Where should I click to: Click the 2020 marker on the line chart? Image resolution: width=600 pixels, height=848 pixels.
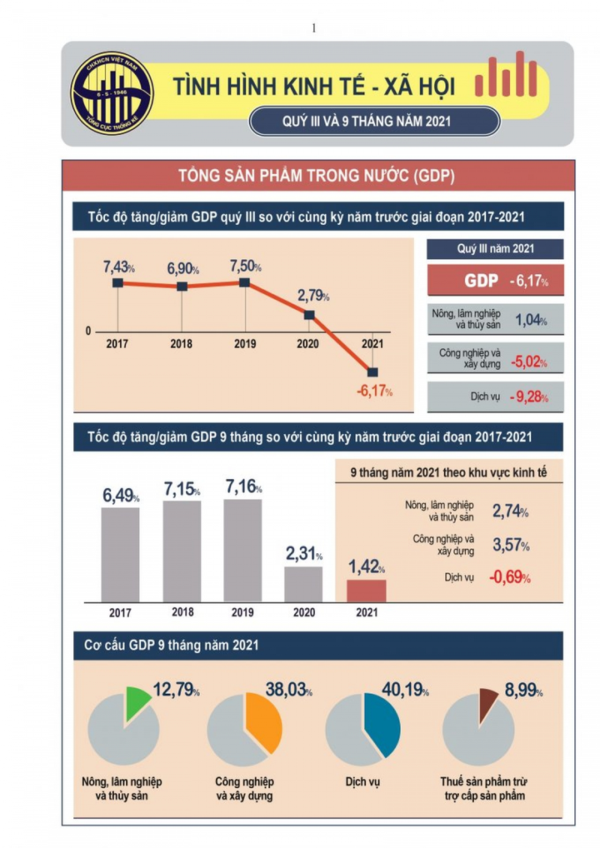(309, 315)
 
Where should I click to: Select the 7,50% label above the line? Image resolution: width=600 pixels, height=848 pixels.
(245, 267)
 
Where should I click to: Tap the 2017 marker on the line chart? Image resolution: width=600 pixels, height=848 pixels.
(117, 283)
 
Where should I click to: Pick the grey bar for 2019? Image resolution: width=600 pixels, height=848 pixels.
(243, 550)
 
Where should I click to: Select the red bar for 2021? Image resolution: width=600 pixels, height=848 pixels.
(367, 591)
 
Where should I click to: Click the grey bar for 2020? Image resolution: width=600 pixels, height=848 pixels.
(303, 584)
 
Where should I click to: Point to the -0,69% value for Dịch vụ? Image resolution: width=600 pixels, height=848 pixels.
(509, 577)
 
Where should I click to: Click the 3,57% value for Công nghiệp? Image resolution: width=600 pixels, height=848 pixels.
(511, 546)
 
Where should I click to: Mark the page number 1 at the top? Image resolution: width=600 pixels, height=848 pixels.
(314, 28)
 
